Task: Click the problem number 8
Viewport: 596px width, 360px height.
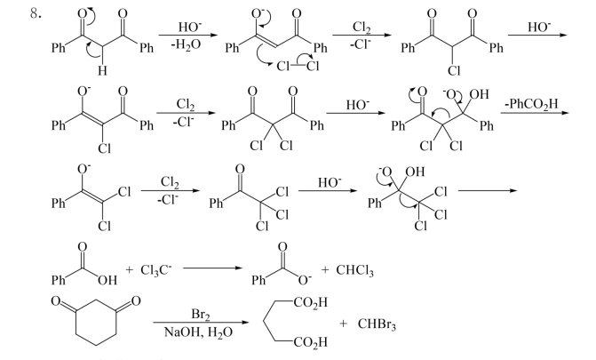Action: (36, 14)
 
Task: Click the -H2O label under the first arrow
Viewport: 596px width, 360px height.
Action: (185, 45)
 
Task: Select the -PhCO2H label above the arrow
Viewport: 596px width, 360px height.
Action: (532, 104)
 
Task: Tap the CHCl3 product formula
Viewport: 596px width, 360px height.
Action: (355, 270)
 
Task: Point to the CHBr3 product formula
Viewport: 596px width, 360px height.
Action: (377, 324)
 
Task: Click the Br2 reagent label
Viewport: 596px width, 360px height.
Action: (201, 315)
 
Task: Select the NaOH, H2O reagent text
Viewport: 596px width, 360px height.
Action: (198, 332)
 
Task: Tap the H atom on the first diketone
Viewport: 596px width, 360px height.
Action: (102, 70)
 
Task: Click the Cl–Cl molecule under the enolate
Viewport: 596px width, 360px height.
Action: (298, 67)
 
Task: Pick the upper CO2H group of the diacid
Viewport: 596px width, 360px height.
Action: (310, 302)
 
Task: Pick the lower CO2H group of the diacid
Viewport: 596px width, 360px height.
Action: (310, 342)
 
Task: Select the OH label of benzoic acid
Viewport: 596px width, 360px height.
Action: (107, 281)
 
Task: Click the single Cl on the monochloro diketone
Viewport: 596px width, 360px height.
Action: (454, 70)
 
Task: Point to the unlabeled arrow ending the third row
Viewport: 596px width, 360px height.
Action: (488, 190)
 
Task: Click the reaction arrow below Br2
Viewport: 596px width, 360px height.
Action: (201, 323)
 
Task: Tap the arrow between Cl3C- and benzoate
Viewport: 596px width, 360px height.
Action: (212, 268)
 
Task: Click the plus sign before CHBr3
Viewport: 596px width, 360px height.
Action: (343, 324)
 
